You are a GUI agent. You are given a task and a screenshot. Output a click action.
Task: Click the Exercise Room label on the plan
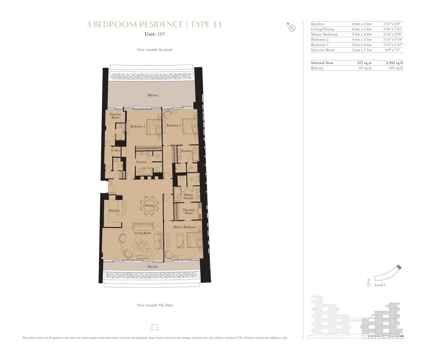(115, 116)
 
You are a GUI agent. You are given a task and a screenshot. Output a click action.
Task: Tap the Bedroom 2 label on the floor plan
(138, 126)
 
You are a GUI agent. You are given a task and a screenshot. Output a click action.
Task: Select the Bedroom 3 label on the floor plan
(174, 125)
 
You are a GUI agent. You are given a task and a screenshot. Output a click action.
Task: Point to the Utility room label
(116, 150)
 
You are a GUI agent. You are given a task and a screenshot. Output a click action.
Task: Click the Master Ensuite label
(189, 197)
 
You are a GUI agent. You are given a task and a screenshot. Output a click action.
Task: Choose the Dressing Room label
(189, 211)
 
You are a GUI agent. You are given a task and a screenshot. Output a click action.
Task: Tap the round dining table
(149, 206)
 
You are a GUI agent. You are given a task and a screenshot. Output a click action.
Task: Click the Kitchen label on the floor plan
(114, 211)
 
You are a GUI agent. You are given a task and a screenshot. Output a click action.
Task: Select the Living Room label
(143, 233)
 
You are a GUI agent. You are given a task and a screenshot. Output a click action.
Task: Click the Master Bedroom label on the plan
(185, 227)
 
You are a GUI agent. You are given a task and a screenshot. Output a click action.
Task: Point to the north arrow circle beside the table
(292, 28)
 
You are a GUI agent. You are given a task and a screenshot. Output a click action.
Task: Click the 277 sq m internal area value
(364, 63)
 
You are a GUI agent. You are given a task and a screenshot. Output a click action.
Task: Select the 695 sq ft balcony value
(396, 68)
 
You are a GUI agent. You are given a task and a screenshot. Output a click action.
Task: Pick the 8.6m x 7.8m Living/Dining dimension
(361, 29)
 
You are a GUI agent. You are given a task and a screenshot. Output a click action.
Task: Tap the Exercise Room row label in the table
(323, 50)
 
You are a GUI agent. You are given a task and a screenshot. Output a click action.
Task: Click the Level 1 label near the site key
(380, 285)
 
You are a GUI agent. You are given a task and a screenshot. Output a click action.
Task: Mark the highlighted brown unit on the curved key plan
(399, 267)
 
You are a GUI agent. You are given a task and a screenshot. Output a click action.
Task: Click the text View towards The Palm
(155, 305)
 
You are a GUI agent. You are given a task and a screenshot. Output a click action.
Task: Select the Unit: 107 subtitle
(155, 34)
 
